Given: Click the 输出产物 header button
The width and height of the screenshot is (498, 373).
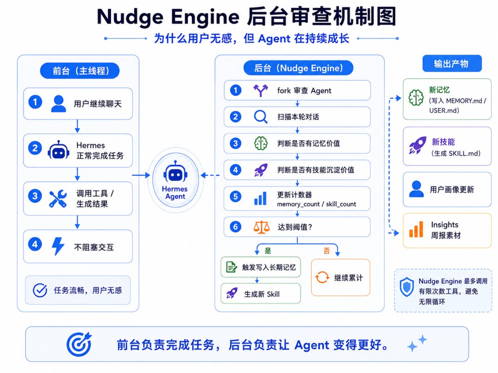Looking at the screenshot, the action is point(452,64).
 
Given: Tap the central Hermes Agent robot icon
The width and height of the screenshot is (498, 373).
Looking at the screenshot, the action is point(175,171).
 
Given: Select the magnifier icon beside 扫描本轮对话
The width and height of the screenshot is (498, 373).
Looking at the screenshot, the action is point(261,117).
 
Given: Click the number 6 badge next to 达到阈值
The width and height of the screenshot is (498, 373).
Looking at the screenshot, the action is point(235,227).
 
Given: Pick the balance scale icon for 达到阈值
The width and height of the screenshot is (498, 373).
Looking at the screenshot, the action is point(261,227).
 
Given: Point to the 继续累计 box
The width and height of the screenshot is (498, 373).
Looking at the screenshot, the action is point(340,278).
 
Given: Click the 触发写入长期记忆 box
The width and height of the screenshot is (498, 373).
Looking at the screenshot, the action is point(261,267).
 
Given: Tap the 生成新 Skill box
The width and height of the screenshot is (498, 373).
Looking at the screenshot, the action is point(261,294).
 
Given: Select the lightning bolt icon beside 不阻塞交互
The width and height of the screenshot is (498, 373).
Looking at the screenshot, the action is point(58,246).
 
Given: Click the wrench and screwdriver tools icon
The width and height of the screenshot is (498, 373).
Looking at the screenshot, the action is point(58,198).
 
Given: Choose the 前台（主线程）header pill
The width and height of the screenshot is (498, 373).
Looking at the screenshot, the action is point(80,71).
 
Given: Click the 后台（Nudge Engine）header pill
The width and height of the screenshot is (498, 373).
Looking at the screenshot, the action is point(298,68).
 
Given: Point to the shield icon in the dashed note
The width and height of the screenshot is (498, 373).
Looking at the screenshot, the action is point(407,287).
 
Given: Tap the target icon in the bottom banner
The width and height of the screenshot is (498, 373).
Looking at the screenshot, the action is point(79,344).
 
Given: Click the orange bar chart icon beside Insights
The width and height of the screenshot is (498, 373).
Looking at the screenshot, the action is point(416,229).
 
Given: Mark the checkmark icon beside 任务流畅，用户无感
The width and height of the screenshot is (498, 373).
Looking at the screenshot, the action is point(40,290).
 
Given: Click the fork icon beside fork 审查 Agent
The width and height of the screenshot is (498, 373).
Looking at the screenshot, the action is point(261,90).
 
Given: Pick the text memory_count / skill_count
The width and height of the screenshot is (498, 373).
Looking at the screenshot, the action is point(316,204).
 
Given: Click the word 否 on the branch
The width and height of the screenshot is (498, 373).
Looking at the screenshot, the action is point(326,251).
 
